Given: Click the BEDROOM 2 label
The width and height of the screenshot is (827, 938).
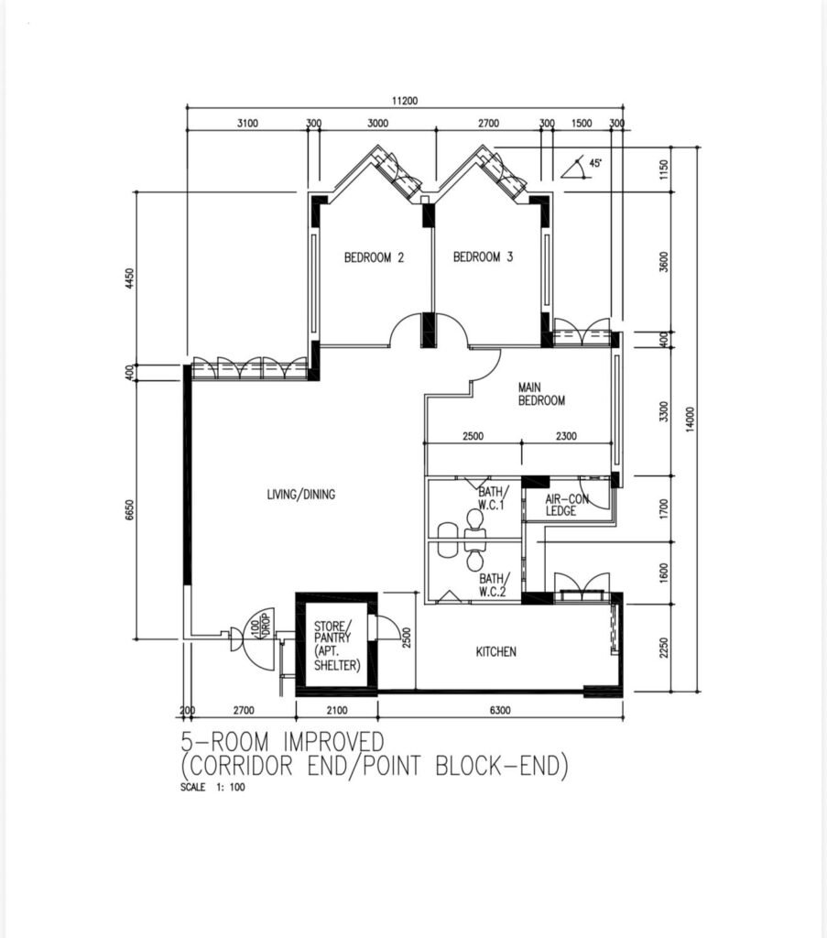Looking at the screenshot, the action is click(374, 257).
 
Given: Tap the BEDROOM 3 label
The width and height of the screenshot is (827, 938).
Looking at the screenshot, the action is click(483, 257).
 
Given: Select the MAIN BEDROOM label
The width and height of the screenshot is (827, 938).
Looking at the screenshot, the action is click(541, 394).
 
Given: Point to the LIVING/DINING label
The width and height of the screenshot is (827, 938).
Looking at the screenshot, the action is click(300, 494).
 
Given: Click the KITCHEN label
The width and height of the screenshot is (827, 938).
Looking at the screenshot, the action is click(495, 651).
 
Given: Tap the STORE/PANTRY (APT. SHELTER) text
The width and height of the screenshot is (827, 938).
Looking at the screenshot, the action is click(337, 646).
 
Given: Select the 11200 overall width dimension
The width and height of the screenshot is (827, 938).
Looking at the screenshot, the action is click(405, 101).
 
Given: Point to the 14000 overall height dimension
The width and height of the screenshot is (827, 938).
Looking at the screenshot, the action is click(690, 419).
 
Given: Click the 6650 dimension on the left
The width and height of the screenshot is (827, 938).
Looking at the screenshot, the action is click(130, 509).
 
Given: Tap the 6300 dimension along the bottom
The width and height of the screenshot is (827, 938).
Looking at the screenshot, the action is click(500, 710).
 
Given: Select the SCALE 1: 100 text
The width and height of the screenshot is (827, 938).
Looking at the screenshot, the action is click(212, 787).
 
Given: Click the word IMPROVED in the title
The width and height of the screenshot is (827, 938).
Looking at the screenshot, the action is click(333, 742).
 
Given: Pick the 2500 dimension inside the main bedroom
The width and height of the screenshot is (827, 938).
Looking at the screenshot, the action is click(473, 436).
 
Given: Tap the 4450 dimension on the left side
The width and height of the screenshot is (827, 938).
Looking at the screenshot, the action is click(130, 278).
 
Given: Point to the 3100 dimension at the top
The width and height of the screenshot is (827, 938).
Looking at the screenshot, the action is click(247, 124).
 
